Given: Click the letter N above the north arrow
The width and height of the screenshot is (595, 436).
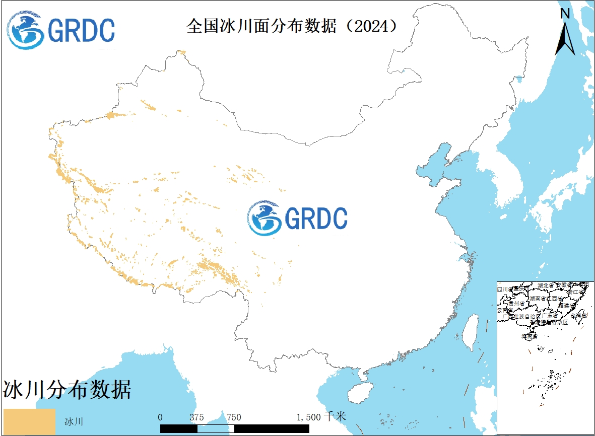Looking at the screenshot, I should point(565,14).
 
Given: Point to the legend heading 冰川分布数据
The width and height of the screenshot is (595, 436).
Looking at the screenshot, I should point(68,389).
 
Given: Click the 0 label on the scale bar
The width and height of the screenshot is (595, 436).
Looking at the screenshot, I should point(160,417).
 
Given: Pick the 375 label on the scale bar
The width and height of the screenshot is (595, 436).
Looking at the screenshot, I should point(197,417).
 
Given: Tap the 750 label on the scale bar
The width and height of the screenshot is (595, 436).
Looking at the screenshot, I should point(234,417).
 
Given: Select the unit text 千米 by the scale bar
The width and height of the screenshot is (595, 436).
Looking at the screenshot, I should point(336,416).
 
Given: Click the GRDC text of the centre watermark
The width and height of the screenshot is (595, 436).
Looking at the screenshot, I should point(316,218).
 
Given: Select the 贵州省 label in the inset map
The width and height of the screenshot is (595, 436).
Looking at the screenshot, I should point(516,304).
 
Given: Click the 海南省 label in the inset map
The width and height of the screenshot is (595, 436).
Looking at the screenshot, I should point(528,335).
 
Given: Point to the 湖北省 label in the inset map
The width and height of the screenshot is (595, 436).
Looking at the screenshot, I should point(545,285).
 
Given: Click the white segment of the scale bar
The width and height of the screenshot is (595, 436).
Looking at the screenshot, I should point(216,428).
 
